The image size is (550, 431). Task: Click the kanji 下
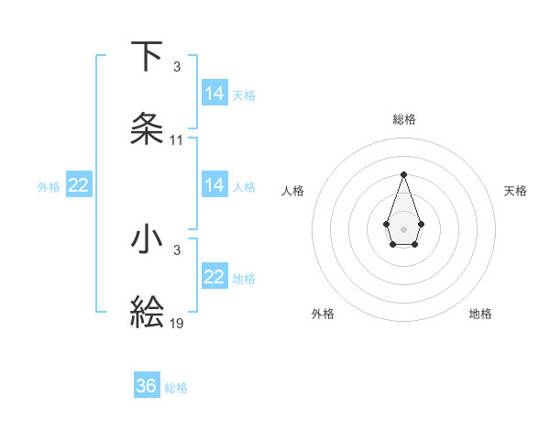coord(147,57)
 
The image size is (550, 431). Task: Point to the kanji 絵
coord(147,312)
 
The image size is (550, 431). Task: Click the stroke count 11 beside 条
coord(177,140)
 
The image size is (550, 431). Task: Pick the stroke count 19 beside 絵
coord(177,323)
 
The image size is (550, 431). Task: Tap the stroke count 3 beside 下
coord(177,67)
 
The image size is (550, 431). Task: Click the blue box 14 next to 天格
coord(214,94)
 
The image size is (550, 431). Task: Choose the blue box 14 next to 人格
coord(214,185)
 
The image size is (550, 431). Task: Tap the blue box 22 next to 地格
coord(214,277)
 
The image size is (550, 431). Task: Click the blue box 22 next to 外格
coord(79,185)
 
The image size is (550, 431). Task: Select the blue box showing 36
coord(147,386)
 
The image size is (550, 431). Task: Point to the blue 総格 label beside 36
coord(176,388)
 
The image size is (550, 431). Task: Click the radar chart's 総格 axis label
coord(404,119)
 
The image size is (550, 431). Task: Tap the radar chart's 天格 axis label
coord(515,191)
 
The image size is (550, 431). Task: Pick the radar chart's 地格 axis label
coord(480,314)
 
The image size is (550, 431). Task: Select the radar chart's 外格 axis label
coord(323,314)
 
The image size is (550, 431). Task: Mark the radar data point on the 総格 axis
coord(403,174)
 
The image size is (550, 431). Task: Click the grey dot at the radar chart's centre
coord(403,227)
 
